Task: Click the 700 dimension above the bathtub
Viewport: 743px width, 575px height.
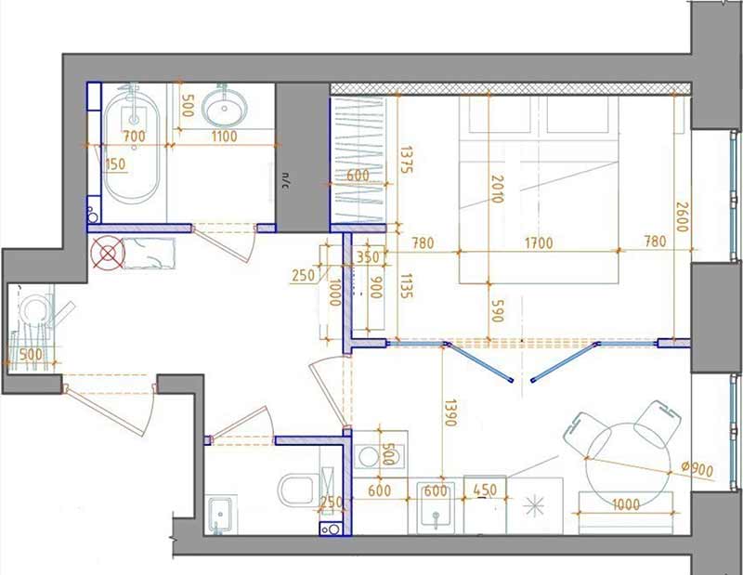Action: [134, 137]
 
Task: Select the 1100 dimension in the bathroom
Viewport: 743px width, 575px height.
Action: [224, 137]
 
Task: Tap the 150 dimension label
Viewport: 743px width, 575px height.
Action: [115, 164]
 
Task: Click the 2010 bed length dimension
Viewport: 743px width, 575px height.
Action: [497, 189]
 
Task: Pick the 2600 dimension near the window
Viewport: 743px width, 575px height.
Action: [682, 217]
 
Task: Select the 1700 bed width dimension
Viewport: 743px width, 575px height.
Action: [540, 243]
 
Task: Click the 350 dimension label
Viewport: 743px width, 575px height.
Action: [368, 257]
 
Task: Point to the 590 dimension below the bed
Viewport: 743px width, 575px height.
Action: [497, 311]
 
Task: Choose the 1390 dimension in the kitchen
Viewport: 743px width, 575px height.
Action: [450, 412]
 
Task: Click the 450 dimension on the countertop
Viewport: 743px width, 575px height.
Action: [485, 490]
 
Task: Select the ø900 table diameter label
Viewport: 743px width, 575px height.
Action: [697, 469]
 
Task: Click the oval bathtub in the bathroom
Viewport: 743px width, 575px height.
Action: [131, 146]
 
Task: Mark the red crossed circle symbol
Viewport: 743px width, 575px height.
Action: [108, 254]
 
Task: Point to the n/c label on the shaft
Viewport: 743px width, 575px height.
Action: [285, 180]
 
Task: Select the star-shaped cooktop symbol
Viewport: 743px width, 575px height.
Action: [533, 506]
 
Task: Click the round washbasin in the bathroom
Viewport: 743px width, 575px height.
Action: [225, 107]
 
